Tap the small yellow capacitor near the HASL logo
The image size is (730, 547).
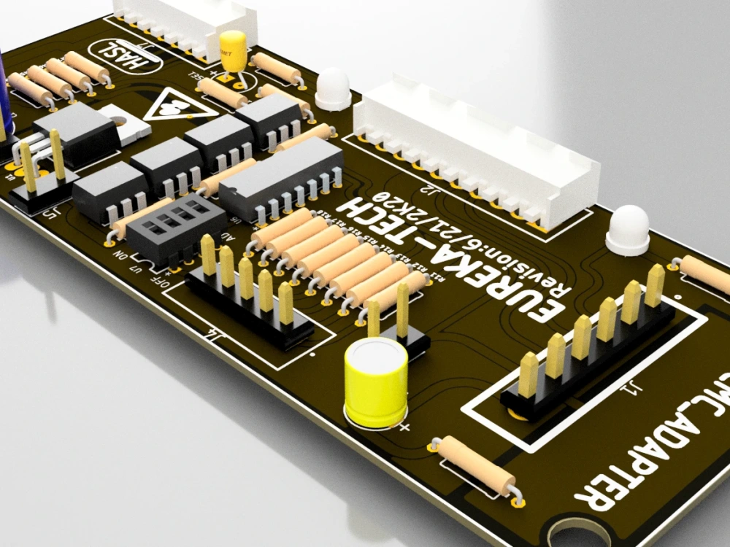(234, 51)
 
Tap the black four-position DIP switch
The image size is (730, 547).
(175, 228)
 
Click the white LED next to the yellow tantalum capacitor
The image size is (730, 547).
(334, 88)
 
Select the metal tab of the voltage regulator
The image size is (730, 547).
(127, 121)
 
